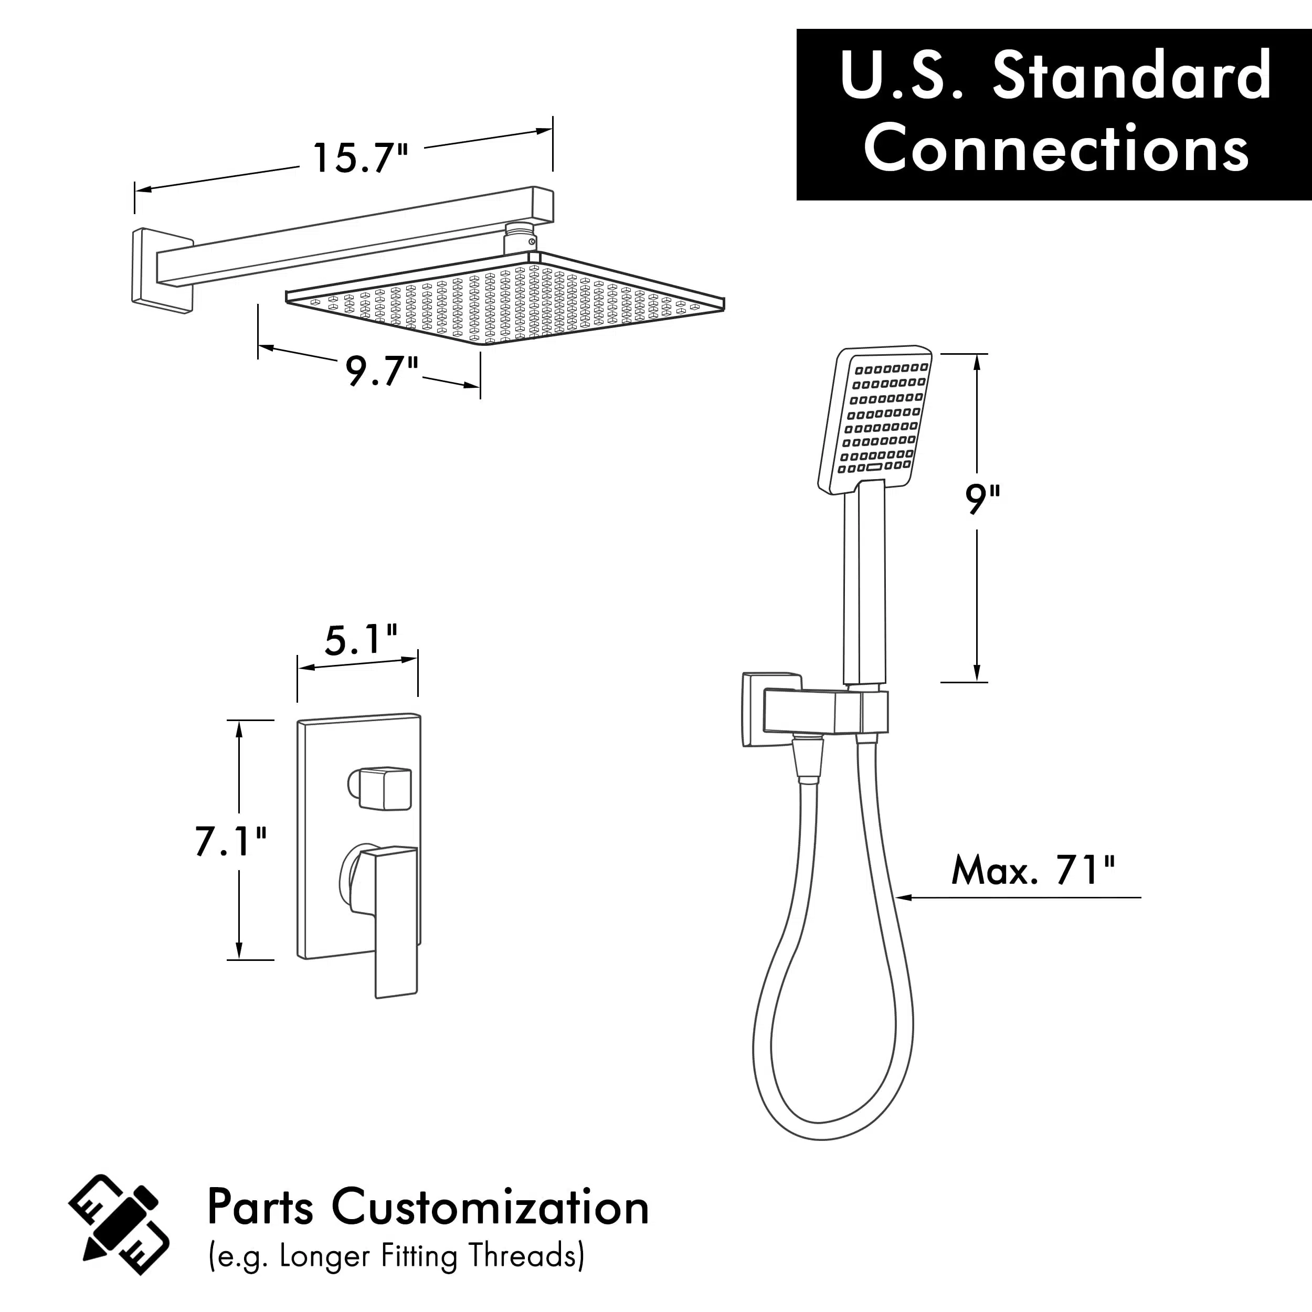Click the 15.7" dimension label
tap(360, 158)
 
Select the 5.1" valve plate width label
tap(361, 640)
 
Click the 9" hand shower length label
tap(982, 500)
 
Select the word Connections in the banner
tap(1056, 148)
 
